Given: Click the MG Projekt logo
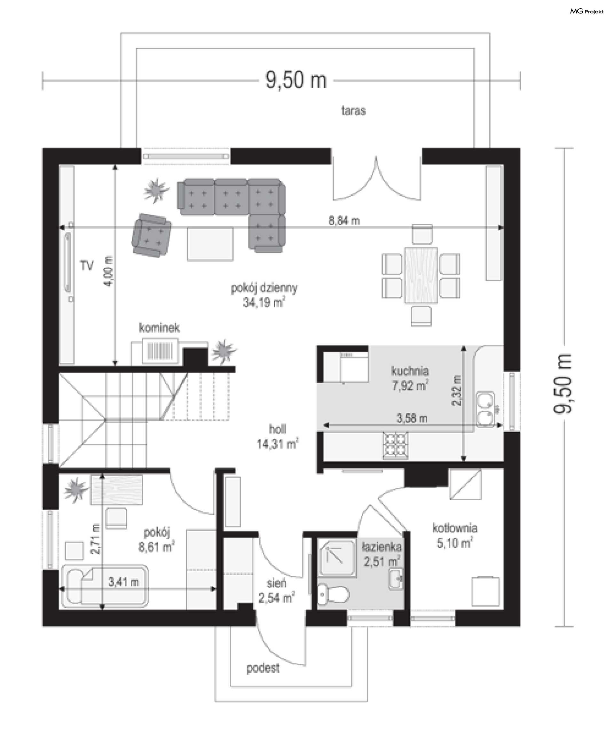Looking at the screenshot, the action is pyautogui.click(x=587, y=12).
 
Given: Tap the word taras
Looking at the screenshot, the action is pyautogui.click(x=354, y=111).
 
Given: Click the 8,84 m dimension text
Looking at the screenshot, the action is pyautogui.click(x=344, y=221).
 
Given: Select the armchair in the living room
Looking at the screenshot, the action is pyautogui.click(x=152, y=235).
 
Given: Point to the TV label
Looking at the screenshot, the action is pyautogui.click(x=87, y=266).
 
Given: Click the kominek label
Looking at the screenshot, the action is pyautogui.click(x=159, y=328).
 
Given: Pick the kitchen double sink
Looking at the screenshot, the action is pyautogui.click(x=485, y=410).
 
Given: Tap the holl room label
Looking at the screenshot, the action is pyautogui.click(x=278, y=429).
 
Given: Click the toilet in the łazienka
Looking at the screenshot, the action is pyautogui.click(x=333, y=594).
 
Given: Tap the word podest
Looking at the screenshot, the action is pyautogui.click(x=263, y=668).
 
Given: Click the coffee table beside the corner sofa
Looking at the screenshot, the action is pyautogui.click(x=210, y=244).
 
